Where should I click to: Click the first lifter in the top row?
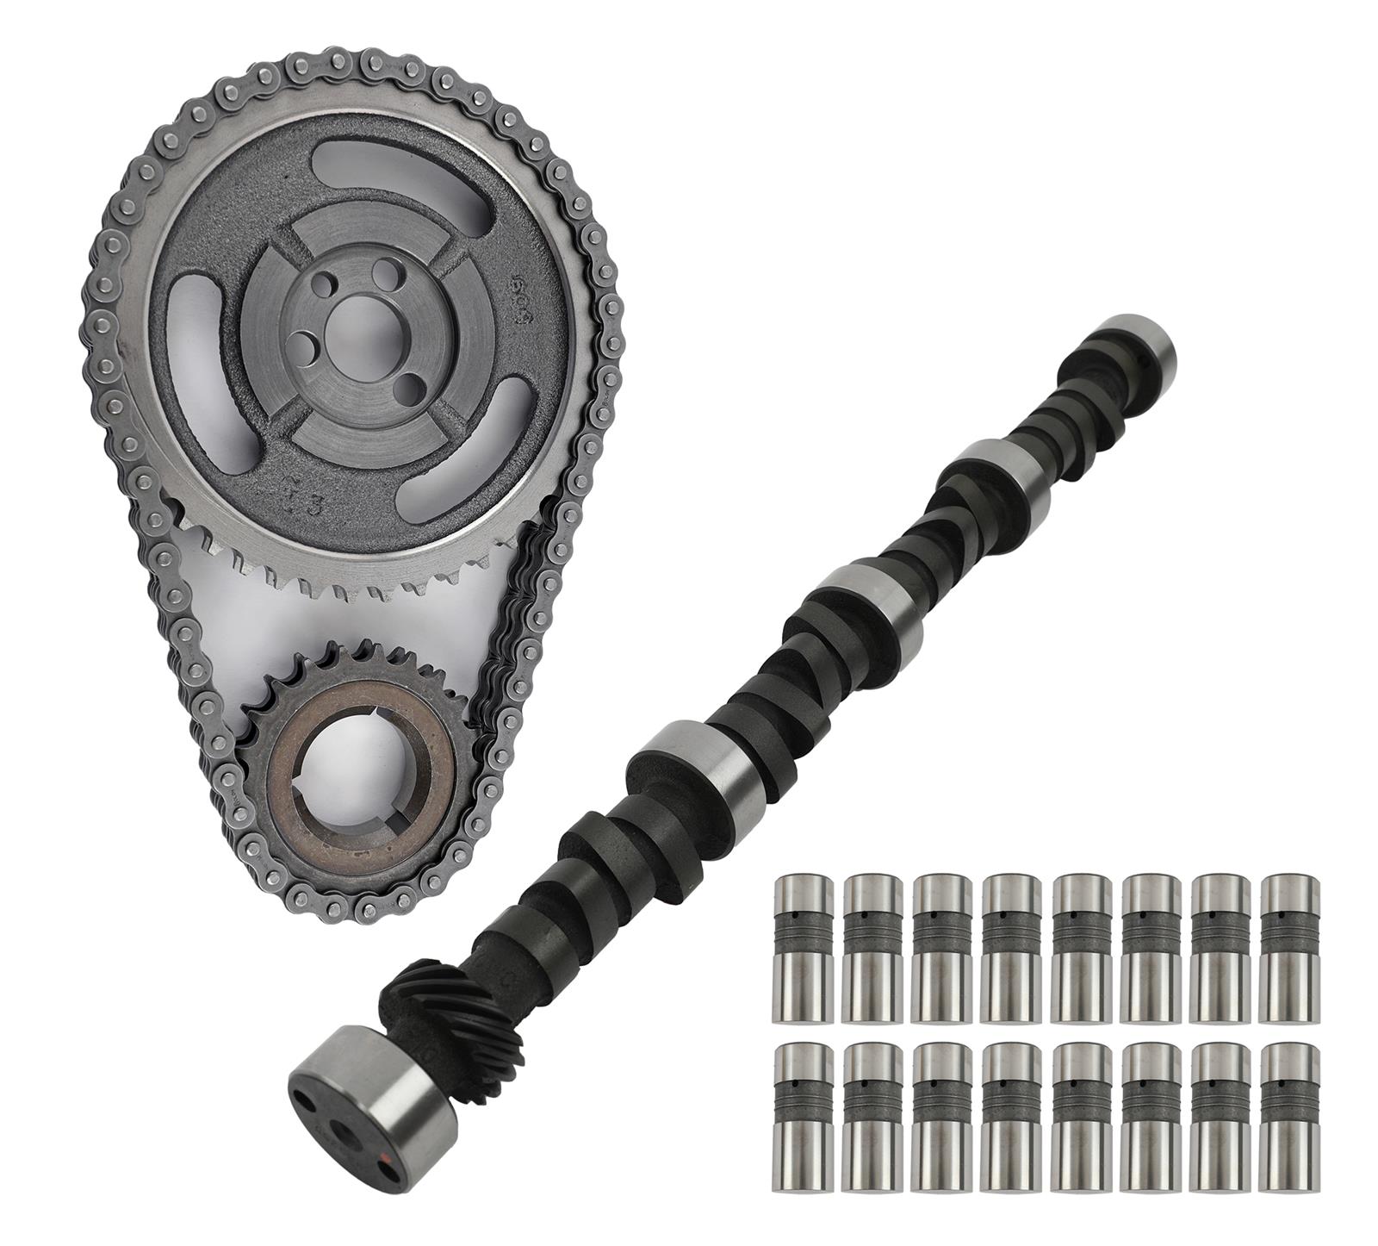pyautogui.click(x=804, y=950)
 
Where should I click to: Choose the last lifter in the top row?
pyautogui.click(x=1289, y=950)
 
